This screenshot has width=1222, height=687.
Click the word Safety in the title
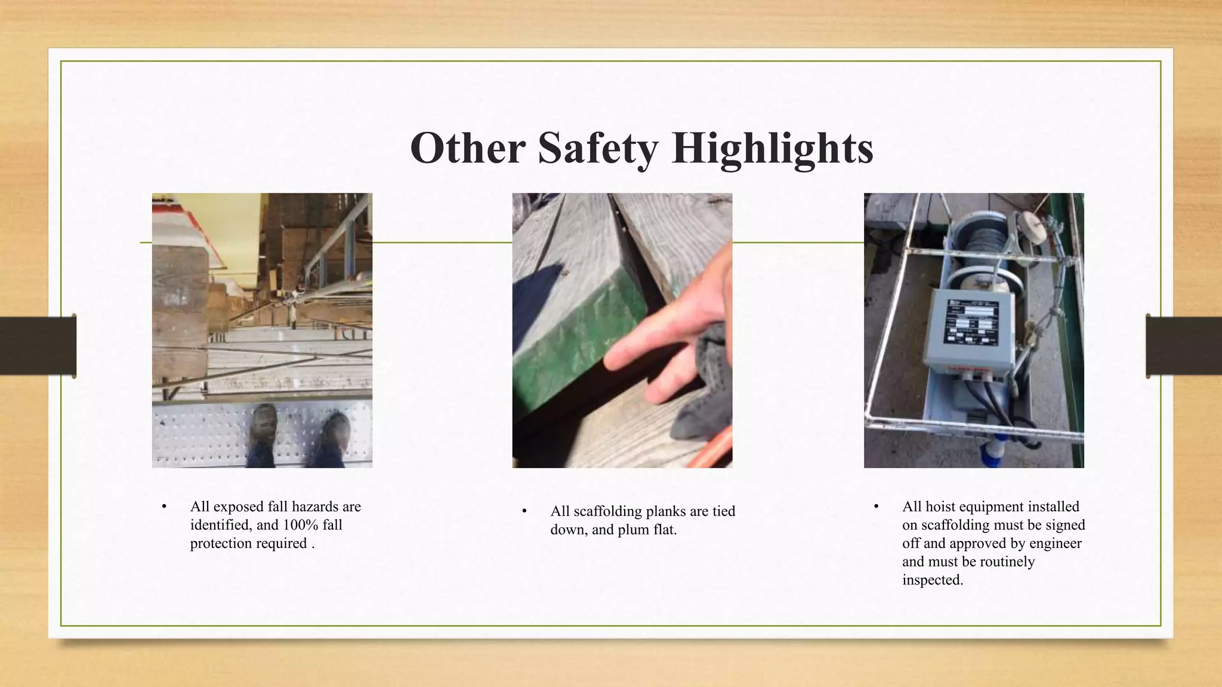tap(598, 148)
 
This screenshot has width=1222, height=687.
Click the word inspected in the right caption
tap(932, 580)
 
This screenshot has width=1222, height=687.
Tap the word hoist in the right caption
tap(943, 506)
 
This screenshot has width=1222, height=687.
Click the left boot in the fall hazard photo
tap(263, 434)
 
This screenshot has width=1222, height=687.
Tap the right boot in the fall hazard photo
tap(337, 438)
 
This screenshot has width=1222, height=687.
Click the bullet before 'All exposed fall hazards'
tap(164, 506)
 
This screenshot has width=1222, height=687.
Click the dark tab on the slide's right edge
tap(1184, 346)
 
